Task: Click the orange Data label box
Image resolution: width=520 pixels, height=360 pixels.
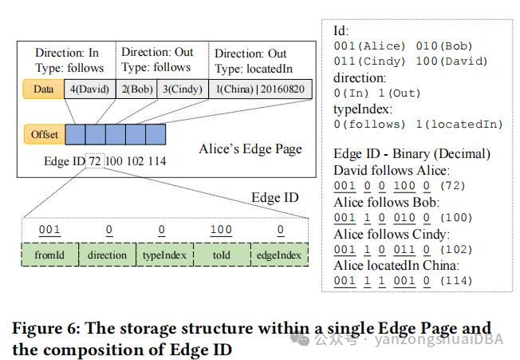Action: [43, 89]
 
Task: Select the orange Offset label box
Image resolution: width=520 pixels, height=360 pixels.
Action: [45, 135]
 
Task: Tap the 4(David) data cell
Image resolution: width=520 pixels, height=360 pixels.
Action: [90, 89]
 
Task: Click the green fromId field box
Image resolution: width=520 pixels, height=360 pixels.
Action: [49, 255]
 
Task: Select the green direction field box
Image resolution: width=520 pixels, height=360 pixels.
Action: [108, 255]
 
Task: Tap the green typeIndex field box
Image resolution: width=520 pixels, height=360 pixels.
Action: [163, 255]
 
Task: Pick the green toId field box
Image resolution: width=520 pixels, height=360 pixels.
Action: [221, 255]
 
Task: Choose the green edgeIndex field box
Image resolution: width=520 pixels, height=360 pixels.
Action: [278, 255]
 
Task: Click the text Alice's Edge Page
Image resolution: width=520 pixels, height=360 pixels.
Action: [250, 149]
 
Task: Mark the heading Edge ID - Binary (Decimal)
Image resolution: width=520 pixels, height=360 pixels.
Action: [412, 153]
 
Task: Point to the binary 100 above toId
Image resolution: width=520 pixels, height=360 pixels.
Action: [221, 231]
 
